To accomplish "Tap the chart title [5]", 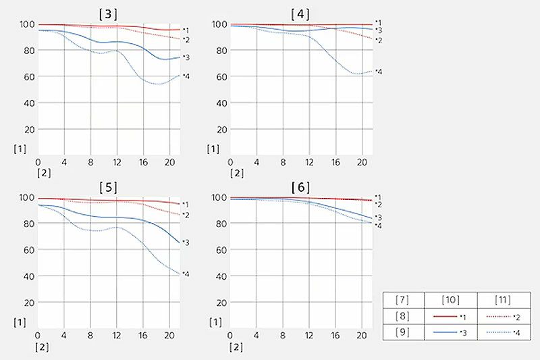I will click(x=108, y=186).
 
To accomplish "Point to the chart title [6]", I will click(x=300, y=186).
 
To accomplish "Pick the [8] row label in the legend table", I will click(x=404, y=315).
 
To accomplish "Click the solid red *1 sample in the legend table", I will click(x=447, y=315).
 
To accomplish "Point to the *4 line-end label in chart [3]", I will click(x=186, y=76).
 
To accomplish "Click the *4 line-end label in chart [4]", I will click(x=379, y=72).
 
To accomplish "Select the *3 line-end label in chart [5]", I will click(x=186, y=242).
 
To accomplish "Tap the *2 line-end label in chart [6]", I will click(x=379, y=204).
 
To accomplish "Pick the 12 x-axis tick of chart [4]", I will click(x=309, y=163).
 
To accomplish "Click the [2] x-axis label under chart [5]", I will click(x=43, y=347).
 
